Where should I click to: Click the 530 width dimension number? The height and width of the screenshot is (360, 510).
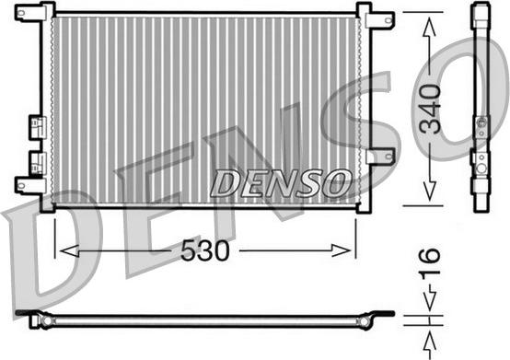205,250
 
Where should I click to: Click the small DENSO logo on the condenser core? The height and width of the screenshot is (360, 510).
280,182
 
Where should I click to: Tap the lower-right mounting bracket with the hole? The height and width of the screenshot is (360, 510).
379,157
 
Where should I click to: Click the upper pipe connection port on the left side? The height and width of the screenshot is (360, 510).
37,124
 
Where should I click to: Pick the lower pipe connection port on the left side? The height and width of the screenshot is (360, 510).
37,163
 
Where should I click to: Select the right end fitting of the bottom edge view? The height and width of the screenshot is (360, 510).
379,317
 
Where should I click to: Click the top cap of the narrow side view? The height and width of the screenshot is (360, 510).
481,14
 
